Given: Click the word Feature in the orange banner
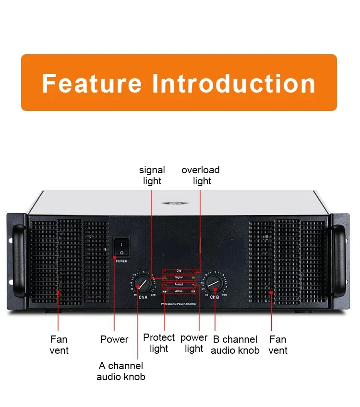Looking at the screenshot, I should coord(91,83).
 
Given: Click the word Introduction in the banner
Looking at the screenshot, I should coord(234,83).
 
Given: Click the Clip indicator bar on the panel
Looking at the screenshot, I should coord(179,271).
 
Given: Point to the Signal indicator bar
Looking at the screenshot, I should coord(179,277).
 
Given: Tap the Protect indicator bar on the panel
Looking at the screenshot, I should coord(179,285).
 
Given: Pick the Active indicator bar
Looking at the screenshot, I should coord(179,291).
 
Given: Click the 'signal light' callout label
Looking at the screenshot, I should coord(152,176).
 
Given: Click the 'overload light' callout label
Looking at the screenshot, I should coord(201,176).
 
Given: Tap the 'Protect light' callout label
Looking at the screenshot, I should coord(159,343).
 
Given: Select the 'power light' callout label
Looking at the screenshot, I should coord(194,343).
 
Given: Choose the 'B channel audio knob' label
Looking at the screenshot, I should coord(235,345).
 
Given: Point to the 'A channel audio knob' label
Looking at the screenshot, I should coord(121,371).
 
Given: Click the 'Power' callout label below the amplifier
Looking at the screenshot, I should coord(114,339).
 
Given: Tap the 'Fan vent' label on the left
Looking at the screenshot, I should coord(59,345).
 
